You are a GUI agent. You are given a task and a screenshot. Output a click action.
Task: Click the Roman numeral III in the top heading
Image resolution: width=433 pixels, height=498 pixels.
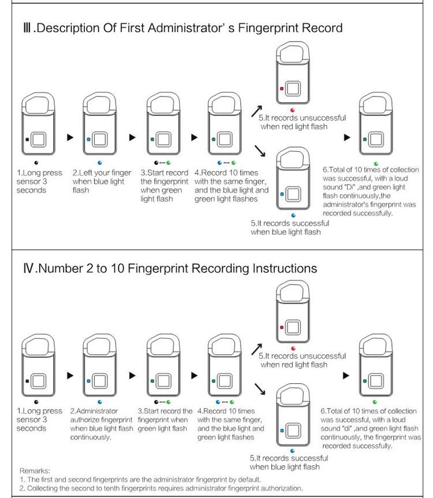coord(24,28)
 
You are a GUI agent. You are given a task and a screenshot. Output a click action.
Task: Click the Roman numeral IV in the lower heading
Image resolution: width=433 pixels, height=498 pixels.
coord(25,268)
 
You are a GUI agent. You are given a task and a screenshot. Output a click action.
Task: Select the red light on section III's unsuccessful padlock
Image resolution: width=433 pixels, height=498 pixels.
coord(281,89)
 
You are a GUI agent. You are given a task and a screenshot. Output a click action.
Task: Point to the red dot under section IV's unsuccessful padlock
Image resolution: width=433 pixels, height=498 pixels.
coord(293,349)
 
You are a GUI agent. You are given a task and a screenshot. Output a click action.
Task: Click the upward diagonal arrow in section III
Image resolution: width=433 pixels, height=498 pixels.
coord(258,111)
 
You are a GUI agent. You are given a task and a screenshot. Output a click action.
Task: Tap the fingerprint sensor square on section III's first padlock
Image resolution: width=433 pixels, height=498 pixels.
coord(39,139)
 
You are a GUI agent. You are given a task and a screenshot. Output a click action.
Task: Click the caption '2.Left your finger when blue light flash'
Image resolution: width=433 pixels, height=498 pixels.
coord(99,181)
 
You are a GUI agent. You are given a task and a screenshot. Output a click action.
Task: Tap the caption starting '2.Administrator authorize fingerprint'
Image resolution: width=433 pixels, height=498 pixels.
coord(100,424)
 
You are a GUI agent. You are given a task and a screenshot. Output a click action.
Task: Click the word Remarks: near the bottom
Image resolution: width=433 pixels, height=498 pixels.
coord(35,471)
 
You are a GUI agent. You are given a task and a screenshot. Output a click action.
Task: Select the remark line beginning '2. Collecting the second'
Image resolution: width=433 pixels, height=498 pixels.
coord(161,488)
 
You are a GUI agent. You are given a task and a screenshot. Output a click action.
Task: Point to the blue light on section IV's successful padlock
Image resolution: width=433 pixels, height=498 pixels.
coord(281,430)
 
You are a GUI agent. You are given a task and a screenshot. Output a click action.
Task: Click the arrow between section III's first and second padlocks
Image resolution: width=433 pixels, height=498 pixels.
coord(70,137)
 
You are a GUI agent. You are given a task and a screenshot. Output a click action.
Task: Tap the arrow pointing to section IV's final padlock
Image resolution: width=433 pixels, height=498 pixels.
coord(346,376)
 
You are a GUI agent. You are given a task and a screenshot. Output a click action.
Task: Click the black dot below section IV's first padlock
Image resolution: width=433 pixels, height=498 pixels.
coord(37,401)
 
